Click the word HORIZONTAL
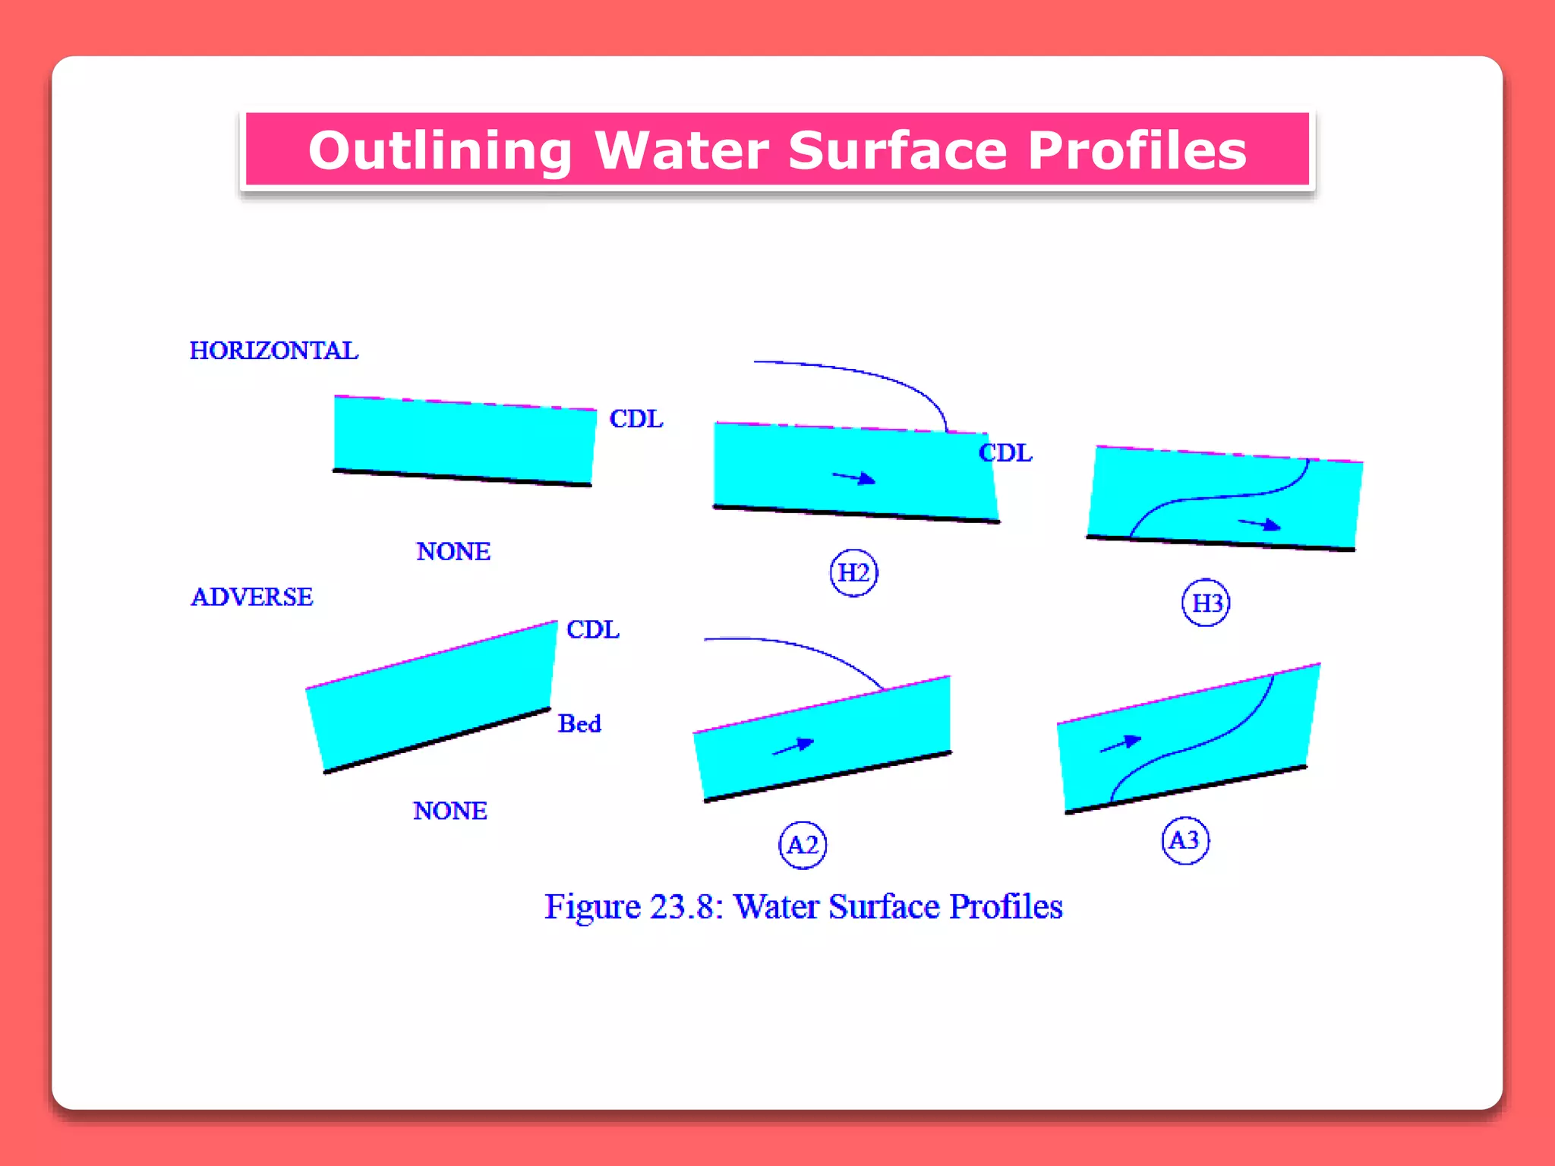pos(273,351)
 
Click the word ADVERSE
pos(251,597)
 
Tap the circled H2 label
pos(853,572)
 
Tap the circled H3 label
pos(1206,603)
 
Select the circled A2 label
pos(803,845)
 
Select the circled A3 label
pos(1185,840)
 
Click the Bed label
pos(579,723)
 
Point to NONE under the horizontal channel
pos(453,551)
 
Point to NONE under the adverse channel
pos(450,811)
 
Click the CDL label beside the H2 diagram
pos(1005,453)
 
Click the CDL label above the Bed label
pos(593,629)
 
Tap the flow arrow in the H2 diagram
pos(855,478)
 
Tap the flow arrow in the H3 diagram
pos(1260,524)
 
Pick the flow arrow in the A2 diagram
pos(793,746)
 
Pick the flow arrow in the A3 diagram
pos(1121,743)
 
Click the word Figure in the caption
pos(593,907)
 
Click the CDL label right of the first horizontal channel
pos(636,419)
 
